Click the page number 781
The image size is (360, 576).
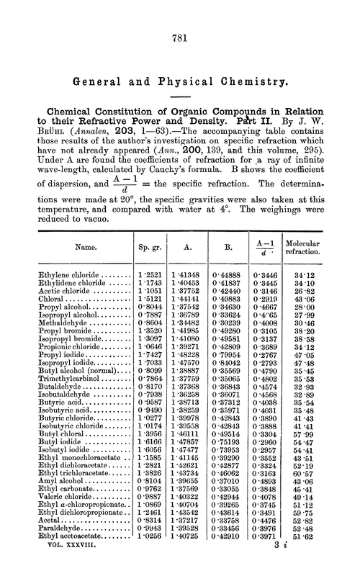[180, 42]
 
